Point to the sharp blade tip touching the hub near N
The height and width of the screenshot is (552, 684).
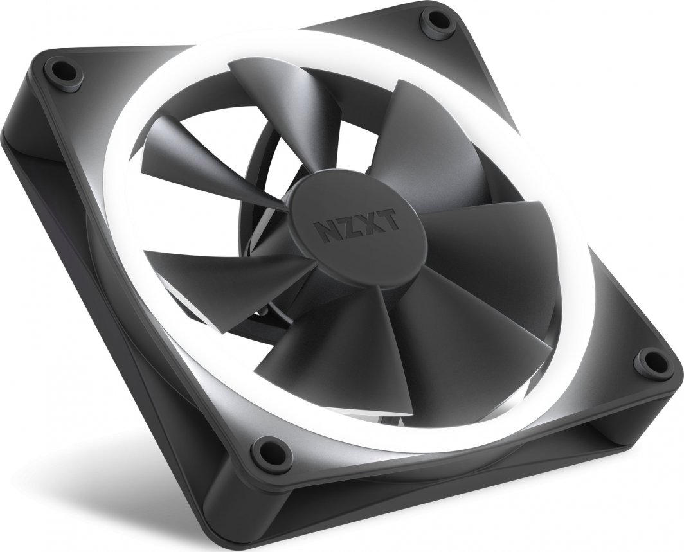[283, 207]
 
